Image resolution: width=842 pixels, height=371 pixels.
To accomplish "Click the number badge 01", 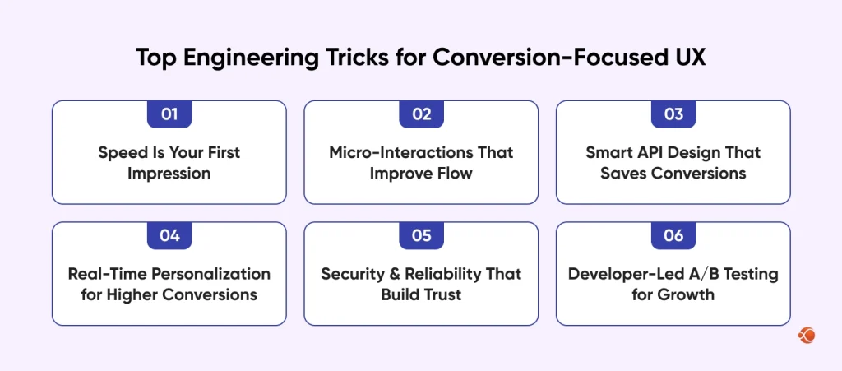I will click(x=169, y=114).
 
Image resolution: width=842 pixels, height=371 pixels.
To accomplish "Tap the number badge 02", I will click(x=421, y=114).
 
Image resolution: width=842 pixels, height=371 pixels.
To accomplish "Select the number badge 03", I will click(x=673, y=114).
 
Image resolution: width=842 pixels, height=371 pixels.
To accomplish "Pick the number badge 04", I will click(x=169, y=236).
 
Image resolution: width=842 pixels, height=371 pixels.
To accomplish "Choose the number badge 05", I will click(x=421, y=236).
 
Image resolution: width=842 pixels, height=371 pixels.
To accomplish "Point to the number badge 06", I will click(x=673, y=236).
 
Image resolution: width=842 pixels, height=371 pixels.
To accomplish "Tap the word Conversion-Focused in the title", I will click(x=540, y=58).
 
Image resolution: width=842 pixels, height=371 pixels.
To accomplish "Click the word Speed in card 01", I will click(x=119, y=153).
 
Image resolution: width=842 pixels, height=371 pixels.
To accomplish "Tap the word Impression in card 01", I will click(x=169, y=174).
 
